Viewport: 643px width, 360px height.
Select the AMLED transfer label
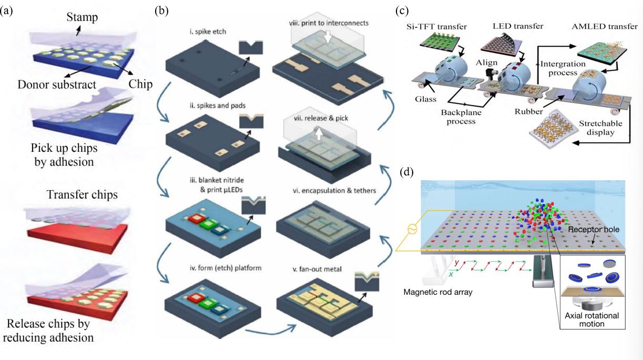pyautogui.click(x=593, y=27)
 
